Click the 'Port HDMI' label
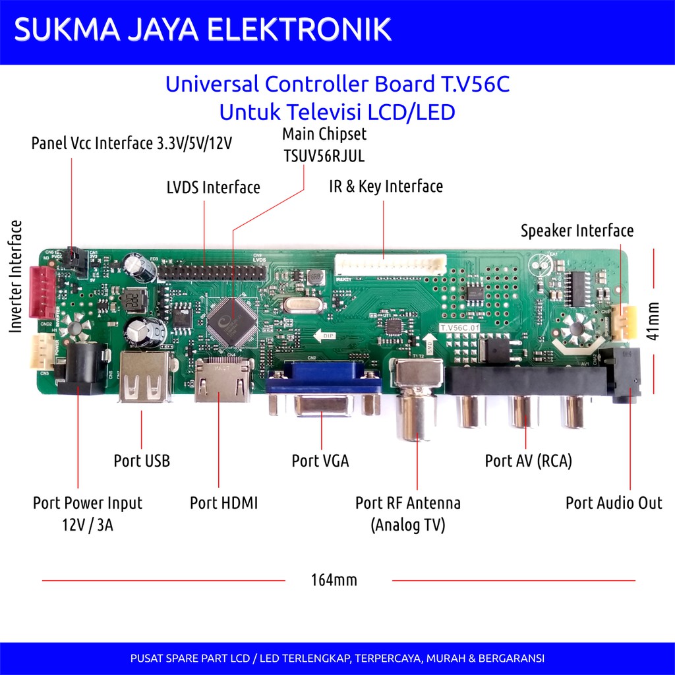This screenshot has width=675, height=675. [x=223, y=503]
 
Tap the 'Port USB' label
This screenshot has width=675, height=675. [x=142, y=461]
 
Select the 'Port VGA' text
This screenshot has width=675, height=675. [x=320, y=461]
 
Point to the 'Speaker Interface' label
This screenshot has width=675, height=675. [x=577, y=231]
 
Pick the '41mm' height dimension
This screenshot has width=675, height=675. [x=653, y=321]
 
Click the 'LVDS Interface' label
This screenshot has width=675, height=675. [x=213, y=187]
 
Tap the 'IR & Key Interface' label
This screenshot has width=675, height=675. [x=386, y=187]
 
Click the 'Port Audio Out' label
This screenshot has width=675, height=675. [x=614, y=503]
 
